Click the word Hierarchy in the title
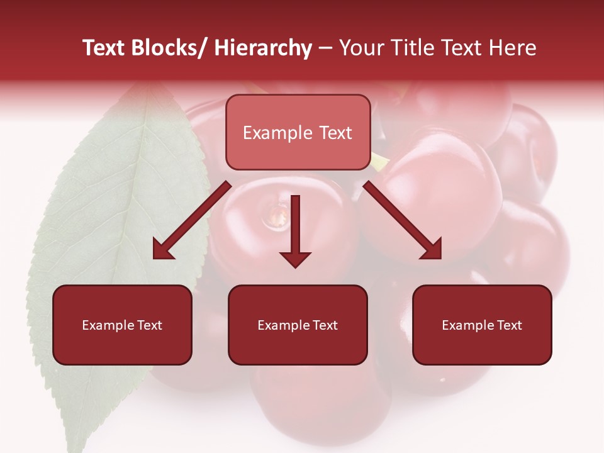263,48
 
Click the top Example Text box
298,132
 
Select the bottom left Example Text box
122,325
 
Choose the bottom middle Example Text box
298,325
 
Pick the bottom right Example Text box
482,325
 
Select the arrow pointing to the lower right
403,221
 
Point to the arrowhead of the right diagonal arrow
432,250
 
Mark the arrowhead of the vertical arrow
295,259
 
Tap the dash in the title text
325,48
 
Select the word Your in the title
359,48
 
